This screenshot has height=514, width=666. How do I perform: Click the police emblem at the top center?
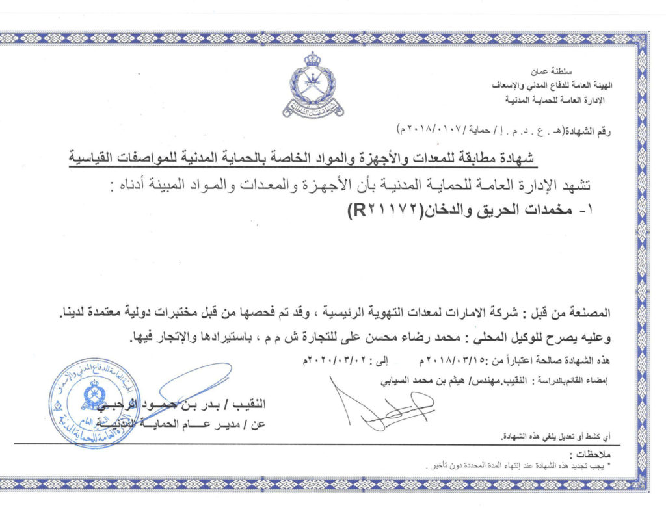313,85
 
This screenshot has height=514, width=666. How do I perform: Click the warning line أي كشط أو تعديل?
560,435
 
